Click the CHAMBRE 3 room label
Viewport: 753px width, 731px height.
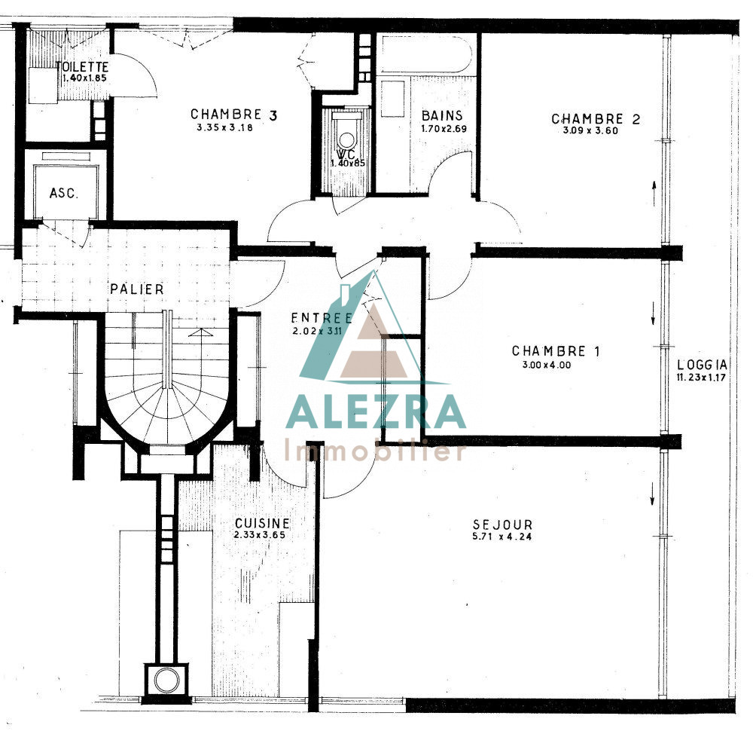pos(234,115)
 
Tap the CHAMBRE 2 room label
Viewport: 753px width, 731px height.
pos(596,119)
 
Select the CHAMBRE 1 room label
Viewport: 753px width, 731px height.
pos(556,351)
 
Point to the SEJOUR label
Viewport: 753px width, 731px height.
pos(502,525)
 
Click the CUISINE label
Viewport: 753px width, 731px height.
pos(262,523)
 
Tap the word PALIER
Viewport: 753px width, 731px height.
pos(137,289)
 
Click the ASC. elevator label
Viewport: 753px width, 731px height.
pos(63,193)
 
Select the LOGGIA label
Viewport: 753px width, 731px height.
pos(702,365)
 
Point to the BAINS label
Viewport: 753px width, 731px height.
pos(442,115)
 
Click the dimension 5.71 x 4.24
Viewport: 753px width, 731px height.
pos(502,537)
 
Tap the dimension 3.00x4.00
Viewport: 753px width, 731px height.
pos(547,365)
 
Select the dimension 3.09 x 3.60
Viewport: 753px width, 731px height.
pos(590,130)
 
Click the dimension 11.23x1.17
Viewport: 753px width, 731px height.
pos(701,378)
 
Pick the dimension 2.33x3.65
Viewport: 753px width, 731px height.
pos(260,534)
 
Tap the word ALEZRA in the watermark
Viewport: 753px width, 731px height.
pos(376,412)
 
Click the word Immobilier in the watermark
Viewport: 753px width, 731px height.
pos(375,450)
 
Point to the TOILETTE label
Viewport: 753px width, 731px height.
pos(82,67)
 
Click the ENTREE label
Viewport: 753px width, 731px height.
pos(322,318)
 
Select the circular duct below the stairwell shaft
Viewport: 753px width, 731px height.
pos(166,680)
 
